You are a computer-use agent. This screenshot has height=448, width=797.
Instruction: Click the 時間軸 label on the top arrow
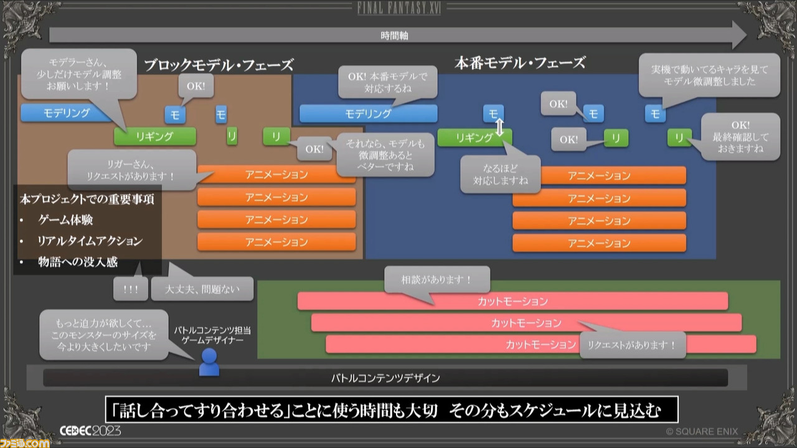point(394,35)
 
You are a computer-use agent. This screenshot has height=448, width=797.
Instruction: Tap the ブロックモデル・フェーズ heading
point(219,65)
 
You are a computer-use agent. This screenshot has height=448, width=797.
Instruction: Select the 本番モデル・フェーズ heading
point(520,63)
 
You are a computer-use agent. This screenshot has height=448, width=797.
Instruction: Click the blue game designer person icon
point(209,362)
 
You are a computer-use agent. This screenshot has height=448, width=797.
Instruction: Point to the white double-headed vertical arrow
point(499,128)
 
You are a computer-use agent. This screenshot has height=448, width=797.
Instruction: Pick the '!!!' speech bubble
point(131,289)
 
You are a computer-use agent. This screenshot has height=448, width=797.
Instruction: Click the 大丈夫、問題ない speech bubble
point(202,289)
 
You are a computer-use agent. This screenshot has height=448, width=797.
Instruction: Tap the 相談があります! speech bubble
point(437,279)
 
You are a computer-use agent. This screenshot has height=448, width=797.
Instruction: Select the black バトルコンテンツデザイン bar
point(385,378)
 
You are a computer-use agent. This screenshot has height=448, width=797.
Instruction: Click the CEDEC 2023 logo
point(90,431)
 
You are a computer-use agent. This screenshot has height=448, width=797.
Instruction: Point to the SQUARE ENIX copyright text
point(702,432)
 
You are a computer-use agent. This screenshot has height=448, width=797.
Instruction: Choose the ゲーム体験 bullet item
point(65,220)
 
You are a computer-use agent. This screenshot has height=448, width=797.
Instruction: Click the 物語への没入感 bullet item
point(78,262)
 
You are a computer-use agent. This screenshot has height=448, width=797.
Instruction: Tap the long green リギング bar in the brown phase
point(155,136)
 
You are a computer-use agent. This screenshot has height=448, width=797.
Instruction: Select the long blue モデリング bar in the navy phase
point(368,114)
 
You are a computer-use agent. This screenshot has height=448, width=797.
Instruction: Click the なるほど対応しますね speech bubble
point(500,174)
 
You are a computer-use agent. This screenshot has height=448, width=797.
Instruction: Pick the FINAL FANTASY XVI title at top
point(399,8)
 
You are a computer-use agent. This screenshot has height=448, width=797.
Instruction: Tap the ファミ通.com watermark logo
point(25,442)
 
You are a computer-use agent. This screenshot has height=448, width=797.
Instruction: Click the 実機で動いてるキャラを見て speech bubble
point(709,75)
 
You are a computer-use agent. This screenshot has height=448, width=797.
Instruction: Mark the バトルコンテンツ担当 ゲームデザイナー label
point(212,335)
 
